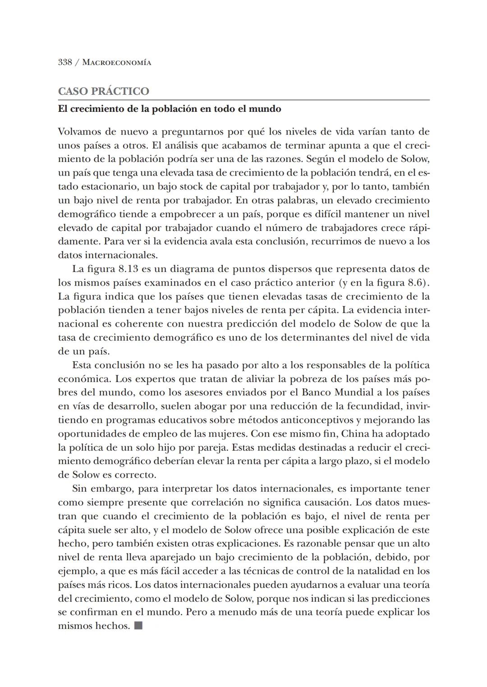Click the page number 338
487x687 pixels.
(65, 62)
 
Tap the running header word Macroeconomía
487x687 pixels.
(117, 62)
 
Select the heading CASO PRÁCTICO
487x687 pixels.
(103, 91)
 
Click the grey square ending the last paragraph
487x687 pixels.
(138, 626)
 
